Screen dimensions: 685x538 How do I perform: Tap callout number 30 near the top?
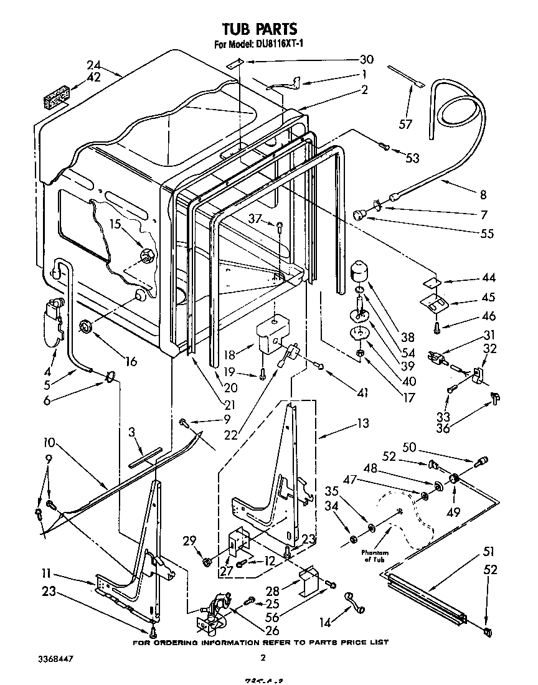pos(366,60)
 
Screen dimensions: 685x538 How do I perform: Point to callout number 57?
pos(406,124)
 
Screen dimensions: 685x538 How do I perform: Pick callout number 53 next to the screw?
pos(412,158)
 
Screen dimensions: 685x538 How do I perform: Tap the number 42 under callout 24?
pos(93,78)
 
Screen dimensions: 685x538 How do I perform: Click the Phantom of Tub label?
pos(374,556)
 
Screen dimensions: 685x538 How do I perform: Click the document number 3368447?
pos(56,658)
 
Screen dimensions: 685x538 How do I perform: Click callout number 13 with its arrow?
pos(362,424)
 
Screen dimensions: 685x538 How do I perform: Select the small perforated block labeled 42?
pos(55,98)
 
